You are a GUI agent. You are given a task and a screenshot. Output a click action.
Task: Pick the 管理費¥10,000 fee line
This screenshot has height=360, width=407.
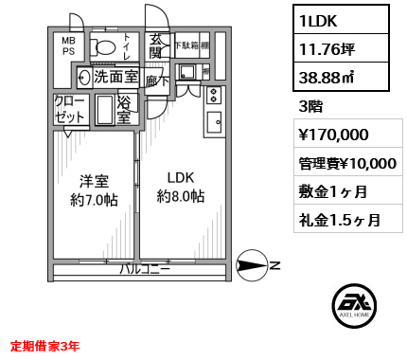click(x=346, y=163)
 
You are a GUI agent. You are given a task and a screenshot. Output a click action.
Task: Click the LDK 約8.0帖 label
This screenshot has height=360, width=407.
click(x=180, y=187)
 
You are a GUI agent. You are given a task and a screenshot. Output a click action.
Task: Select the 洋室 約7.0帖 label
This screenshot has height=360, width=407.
click(x=93, y=187)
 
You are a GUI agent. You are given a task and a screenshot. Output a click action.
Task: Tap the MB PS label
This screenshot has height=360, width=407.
click(x=68, y=46)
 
